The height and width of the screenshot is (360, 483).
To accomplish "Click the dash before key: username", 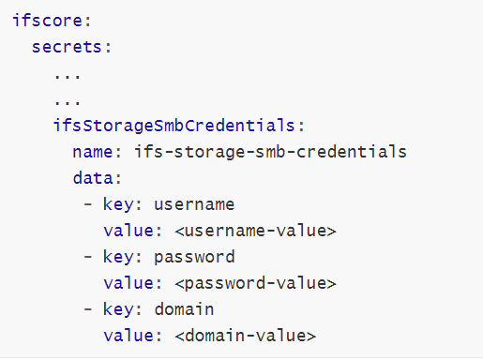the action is pos(88,203).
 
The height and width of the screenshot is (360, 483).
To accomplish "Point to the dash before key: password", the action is pos(88,256).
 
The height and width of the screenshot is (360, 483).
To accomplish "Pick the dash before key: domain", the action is pos(88,308).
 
